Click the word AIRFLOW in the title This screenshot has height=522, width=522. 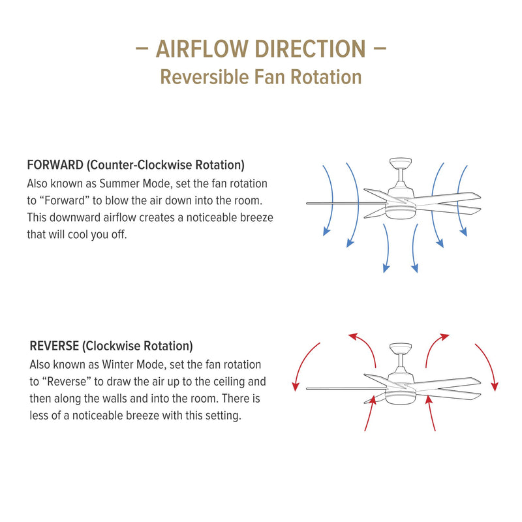pyautogui.click(x=202, y=49)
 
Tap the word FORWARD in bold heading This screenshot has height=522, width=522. pyautogui.click(x=55, y=165)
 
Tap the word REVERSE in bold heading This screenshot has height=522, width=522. pyautogui.click(x=55, y=346)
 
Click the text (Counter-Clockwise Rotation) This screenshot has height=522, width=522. pyautogui.click(x=166, y=165)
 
